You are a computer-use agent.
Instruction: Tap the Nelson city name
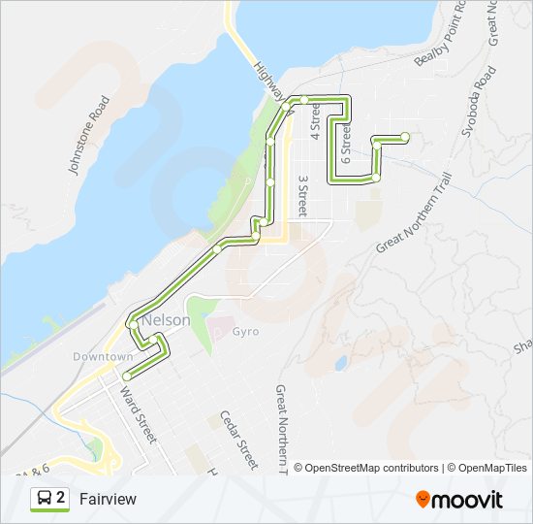[x=167, y=319]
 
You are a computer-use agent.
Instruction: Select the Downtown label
[x=102, y=357]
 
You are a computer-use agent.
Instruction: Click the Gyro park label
[x=246, y=332]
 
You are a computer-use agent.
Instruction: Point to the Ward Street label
[x=138, y=415]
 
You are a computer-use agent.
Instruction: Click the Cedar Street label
[x=238, y=439]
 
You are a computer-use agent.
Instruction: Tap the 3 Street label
[x=302, y=195]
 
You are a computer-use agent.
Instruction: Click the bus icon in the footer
[x=45, y=499]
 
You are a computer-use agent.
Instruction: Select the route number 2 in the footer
[x=61, y=499]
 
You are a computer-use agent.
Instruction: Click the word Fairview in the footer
[x=108, y=499]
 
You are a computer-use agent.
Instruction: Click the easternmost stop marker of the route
[x=405, y=138]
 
